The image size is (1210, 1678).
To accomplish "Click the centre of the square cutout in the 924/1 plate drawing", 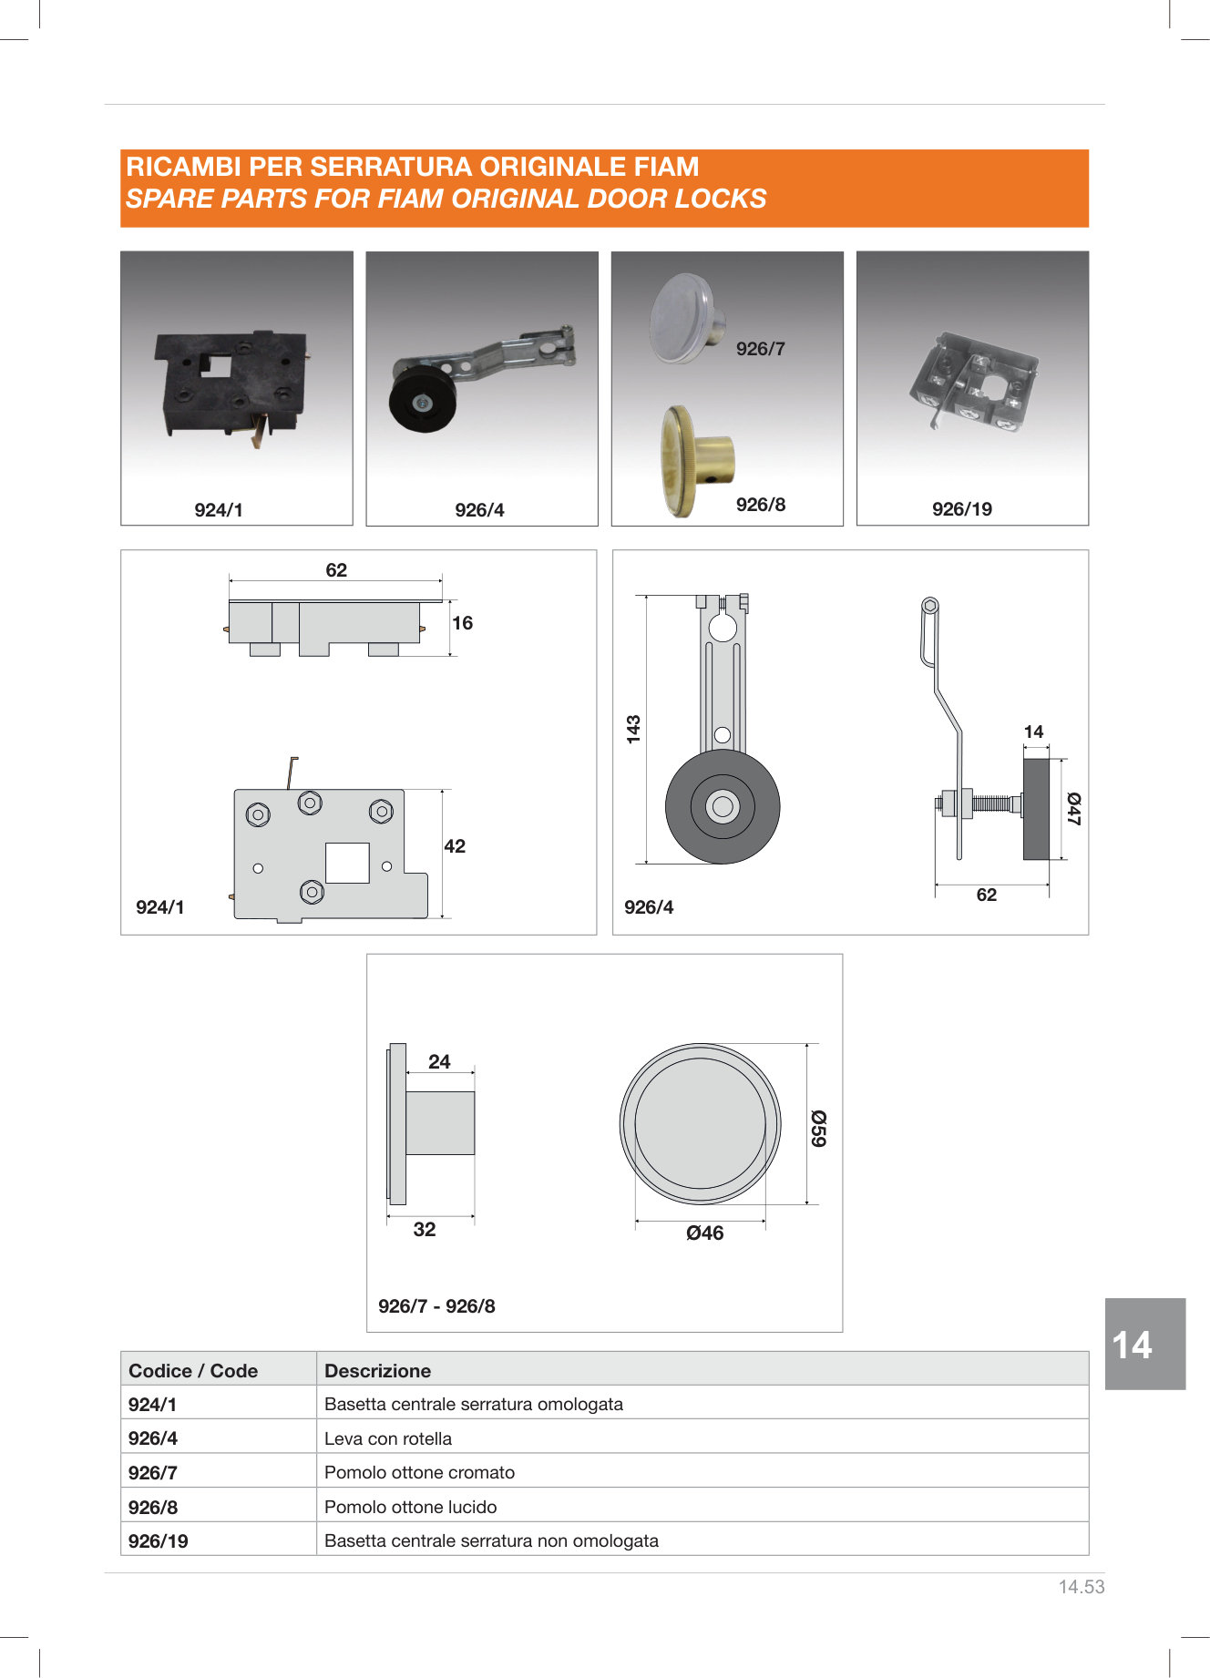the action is (347, 863).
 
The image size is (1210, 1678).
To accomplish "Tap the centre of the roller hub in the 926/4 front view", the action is (723, 806).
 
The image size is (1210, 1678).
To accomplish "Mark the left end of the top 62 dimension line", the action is (230, 580).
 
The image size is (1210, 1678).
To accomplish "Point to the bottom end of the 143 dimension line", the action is (646, 862).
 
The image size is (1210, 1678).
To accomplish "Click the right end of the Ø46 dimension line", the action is (765, 1220).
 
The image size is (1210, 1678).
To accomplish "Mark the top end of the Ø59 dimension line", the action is (807, 1045).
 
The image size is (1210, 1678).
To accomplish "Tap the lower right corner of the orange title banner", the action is (1089, 227).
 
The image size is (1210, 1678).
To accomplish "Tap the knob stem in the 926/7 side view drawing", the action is (440, 1123).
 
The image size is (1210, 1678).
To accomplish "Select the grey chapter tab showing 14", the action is (1145, 1344).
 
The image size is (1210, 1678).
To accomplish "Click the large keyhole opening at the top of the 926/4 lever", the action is (723, 628).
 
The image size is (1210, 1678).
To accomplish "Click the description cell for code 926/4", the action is (702, 1438).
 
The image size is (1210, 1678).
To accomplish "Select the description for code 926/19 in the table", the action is (491, 1540).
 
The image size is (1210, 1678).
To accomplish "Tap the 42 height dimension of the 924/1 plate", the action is (455, 846).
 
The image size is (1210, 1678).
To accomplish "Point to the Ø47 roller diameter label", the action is (1074, 809).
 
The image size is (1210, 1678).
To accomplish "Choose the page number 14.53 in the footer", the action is (1082, 1587).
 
